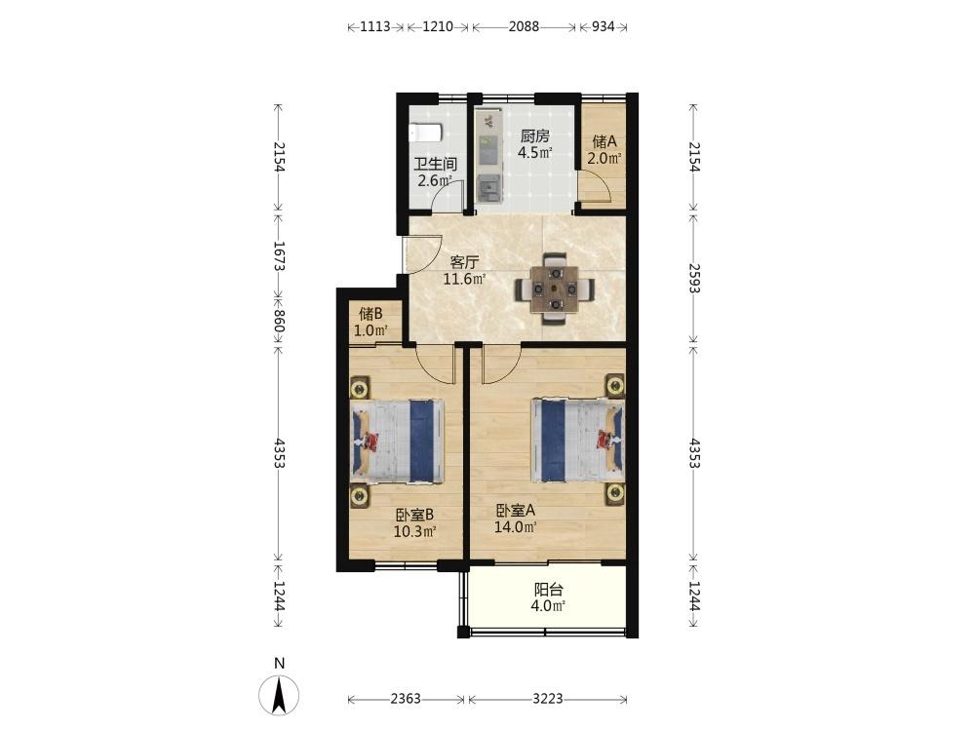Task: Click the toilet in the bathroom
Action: pyautogui.click(x=425, y=133)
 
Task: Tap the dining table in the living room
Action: pyautogui.click(x=554, y=289)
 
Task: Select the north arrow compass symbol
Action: pyautogui.click(x=279, y=694)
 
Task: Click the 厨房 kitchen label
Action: pyautogui.click(x=534, y=136)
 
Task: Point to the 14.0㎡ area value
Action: pyautogui.click(x=516, y=527)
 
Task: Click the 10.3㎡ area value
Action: pyautogui.click(x=414, y=531)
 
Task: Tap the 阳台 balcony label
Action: pyautogui.click(x=548, y=590)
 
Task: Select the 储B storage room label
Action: pyautogui.click(x=370, y=314)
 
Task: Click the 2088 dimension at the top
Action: pyautogui.click(x=524, y=26)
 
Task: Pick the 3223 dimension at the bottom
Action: pyautogui.click(x=548, y=699)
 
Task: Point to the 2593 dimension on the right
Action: pyautogui.click(x=694, y=279)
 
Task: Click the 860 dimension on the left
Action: pyautogui.click(x=279, y=322)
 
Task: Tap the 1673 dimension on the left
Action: pyautogui.click(x=279, y=255)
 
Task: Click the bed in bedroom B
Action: pyautogui.click(x=398, y=442)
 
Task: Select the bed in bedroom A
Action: pyautogui.click(x=577, y=441)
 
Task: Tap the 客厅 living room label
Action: pyautogui.click(x=464, y=262)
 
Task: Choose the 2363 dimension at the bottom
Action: pyautogui.click(x=406, y=699)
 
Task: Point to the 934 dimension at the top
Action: pyautogui.click(x=603, y=26)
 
